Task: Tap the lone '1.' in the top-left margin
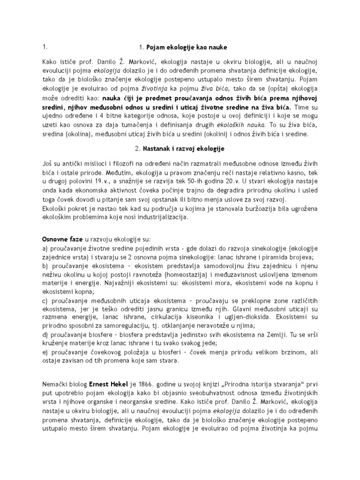45,47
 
